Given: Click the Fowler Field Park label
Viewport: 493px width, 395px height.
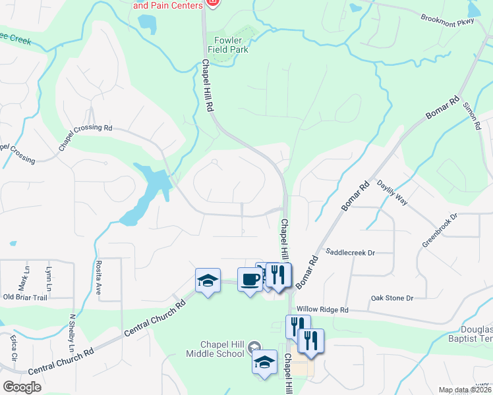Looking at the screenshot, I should tap(226, 43).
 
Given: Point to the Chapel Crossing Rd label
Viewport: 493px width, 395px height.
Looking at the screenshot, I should tap(85, 136).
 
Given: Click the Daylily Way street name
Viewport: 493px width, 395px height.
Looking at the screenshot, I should tap(392, 193).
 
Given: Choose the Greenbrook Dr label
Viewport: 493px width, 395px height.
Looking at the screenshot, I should tap(440, 230).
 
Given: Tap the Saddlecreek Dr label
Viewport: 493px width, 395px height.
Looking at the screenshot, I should tap(350, 252).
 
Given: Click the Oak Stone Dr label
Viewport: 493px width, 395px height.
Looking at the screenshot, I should tap(391, 298).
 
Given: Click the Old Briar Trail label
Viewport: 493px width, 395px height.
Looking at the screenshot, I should tap(25, 297).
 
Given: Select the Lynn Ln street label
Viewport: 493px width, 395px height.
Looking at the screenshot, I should tap(48, 279).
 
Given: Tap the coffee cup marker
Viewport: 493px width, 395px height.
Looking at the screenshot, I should tap(250, 280).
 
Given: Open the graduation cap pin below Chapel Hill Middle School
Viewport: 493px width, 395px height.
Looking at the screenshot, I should tap(265, 362).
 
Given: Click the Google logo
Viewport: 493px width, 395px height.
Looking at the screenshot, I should tap(22, 387).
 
